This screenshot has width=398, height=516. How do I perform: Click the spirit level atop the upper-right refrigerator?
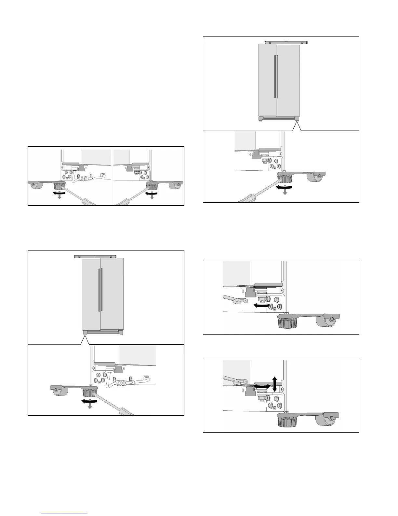pyautogui.click(x=286, y=42)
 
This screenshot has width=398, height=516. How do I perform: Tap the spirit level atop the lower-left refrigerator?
pyautogui.click(x=95, y=257)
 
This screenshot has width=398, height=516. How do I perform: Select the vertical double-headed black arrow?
pyautogui.click(x=274, y=384)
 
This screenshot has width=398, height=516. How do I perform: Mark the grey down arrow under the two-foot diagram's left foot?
pyautogui.click(x=60, y=197)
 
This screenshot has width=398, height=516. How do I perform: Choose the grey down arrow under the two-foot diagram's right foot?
pyautogui.click(x=152, y=197)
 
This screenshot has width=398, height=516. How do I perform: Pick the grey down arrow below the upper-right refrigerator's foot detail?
pyautogui.click(x=285, y=192)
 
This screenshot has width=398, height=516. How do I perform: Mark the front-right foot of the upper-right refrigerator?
pyautogui.click(x=297, y=119)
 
